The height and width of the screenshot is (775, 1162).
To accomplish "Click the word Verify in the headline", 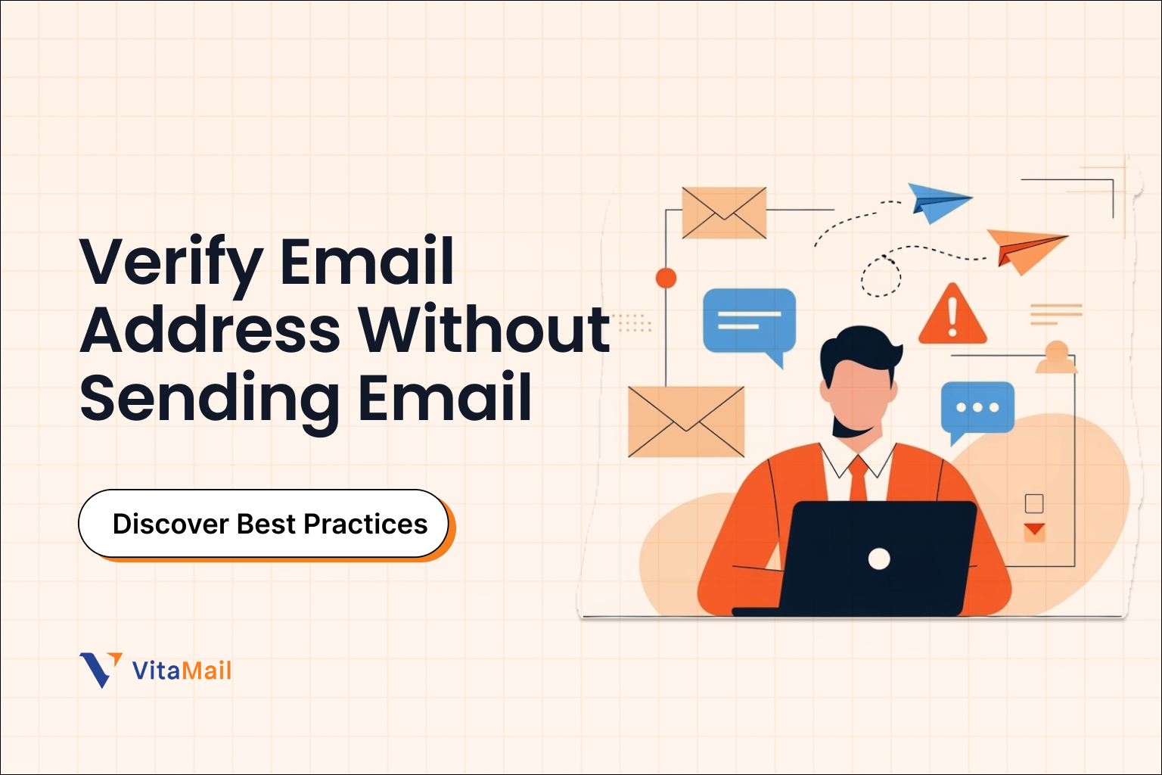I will pyautogui.click(x=171, y=262).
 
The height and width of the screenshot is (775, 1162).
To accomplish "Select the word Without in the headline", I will pyautogui.click(x=484, y=330).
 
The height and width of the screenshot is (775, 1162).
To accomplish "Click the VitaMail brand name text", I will pyautogui.click(x=182, y=671).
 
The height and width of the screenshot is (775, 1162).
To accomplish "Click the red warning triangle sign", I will pyautogui.click(x=952, y=315).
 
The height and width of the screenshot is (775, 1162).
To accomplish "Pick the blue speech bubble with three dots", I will pyautogui.click(x=977, y=409).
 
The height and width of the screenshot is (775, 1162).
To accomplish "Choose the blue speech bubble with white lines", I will pyautogui.click(x=749, y=321).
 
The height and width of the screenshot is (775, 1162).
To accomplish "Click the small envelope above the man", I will pyautogui.click(x=724, y=212).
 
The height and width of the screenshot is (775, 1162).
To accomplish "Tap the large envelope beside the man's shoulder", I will pyautogui.click(x=686, y=422).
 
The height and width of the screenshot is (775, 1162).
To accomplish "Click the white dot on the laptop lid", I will pyautogui.click(x=879, y=559).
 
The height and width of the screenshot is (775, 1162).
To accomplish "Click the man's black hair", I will pyautogui.click(x=859, y=348).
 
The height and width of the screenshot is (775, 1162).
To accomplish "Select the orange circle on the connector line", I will pyautogui.click(x=666, y=278).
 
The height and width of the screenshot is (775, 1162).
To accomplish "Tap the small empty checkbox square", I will pyautogui.click(x=1034, y=503).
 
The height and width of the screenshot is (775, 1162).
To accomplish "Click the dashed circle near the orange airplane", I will pyautogui.click(x=881, y=277).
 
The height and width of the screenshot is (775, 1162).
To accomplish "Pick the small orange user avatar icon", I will pyautogui.click(x=1056, y=357).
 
